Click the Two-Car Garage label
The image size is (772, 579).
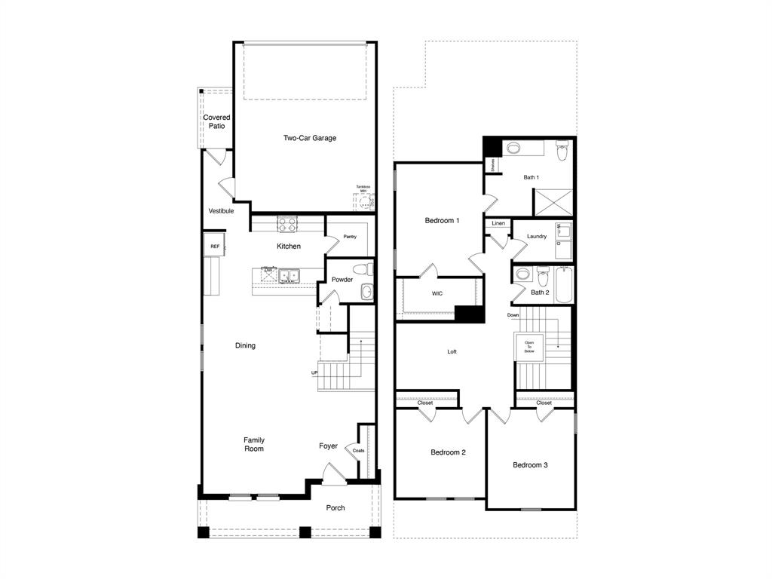[x=309, y=138]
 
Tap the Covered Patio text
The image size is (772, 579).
[x=216, y=121]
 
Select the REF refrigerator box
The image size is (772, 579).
[x=214, y=246]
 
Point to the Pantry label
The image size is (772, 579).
[x=350, y=237]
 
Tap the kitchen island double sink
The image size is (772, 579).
[x=288, y=275]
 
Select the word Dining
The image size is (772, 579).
[x=245, y=345]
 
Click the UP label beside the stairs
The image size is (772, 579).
[x=314, y=373]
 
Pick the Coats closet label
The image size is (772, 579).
[x=358, y=451]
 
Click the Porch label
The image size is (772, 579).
[x=335, y=507]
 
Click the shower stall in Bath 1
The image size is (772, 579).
[x=553, y=201]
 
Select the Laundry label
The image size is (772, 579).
[x=537, y=236]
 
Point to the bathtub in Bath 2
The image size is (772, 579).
[x=564, y=285]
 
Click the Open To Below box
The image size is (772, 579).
[x=529, y=346]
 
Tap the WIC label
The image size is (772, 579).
[x=437, y=293]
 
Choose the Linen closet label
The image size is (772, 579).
[x=498, y=223]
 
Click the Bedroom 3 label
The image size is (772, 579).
[x=530, y=465]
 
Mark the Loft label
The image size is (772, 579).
[x=452, y=351]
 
